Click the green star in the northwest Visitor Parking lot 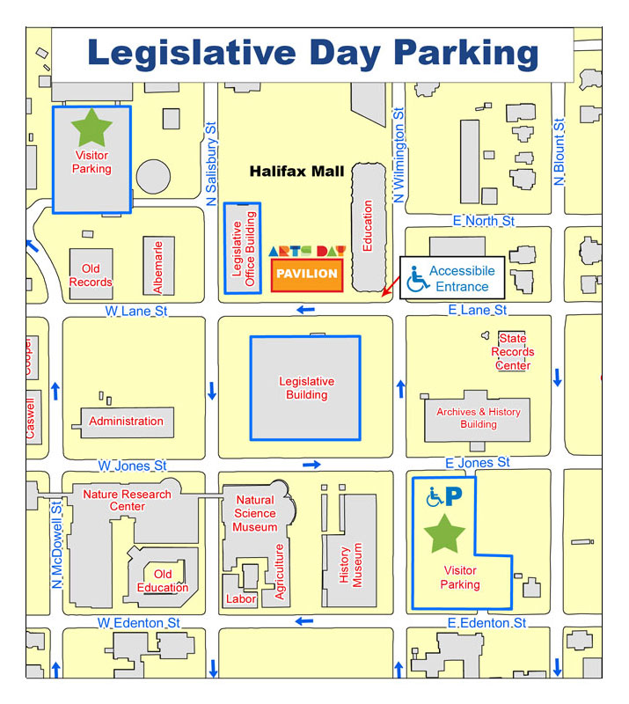[x=91, y=128]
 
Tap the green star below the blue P [x=444, y=534]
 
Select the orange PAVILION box [x=307, y=274]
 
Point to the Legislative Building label [x=306, y=388]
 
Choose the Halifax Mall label [x=296, y=172]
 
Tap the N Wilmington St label [x=399, y=157]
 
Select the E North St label [x=483, y=221]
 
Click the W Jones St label [x=132, y=465]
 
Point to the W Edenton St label [x=139, y=623]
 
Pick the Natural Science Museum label [x=255, y=514]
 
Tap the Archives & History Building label [x=478, y=418]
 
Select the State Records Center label [x=512, y=352]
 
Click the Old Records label [x=91, y=275]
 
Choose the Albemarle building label [x=158, y=267]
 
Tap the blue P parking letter [x=453, y=497]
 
